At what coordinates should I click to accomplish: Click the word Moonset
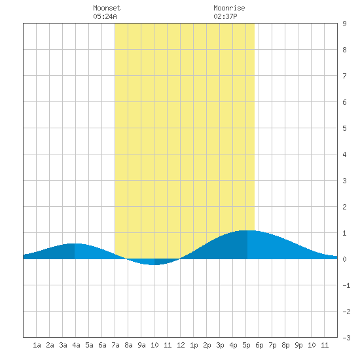[x=107, y=8]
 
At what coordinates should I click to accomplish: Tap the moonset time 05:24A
[x=105, y=16]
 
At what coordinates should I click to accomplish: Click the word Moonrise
[x=229, y=8]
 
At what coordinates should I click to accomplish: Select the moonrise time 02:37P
[x=225, y=16]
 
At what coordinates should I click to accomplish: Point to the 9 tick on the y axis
[x=344, y=24]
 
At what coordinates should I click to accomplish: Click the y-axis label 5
[x=344, y=128]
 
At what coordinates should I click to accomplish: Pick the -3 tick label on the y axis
[x=346, y=338]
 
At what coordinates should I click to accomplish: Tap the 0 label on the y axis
[x=344, y=259]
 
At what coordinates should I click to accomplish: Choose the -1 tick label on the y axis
[x=346, y=285]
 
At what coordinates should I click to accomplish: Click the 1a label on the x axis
[x=37, y=345]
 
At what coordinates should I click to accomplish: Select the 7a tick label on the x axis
[x=115, y=345]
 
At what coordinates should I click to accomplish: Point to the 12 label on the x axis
[x=181, y=345]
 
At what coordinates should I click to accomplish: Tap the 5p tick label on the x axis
[x=246, y=345]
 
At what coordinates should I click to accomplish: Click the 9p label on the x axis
[x=298, y=345]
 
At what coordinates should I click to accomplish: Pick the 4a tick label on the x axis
[x=76, y=345]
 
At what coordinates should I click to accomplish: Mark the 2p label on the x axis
[x=207, y=345]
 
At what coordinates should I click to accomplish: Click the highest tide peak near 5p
[x=247, y=230]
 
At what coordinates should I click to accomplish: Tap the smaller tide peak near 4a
[x=75, y=243]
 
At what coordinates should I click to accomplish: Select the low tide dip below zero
[x=154, y=264]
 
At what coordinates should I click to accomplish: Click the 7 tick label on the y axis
[x=344, y=76]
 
